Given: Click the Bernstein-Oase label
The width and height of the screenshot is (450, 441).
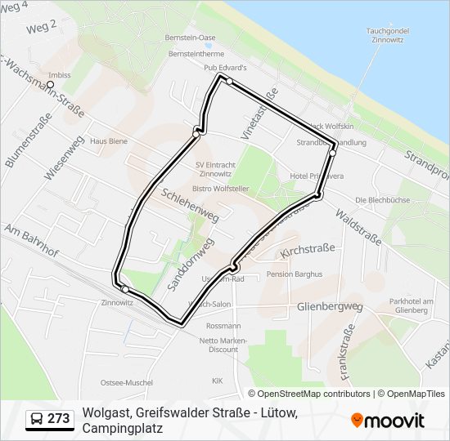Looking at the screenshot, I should (190, 38).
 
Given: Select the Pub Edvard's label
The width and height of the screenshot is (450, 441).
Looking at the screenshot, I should (226, 68).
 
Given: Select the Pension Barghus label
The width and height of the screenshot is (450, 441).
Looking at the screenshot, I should (295, 274).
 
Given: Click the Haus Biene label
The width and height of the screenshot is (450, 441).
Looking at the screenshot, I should (109, 140).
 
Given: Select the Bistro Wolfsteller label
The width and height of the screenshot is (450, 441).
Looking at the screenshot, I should (220, 189).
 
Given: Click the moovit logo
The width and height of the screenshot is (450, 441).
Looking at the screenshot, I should (388, 420).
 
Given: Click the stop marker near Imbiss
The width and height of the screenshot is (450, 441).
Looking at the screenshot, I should (50, 83).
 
